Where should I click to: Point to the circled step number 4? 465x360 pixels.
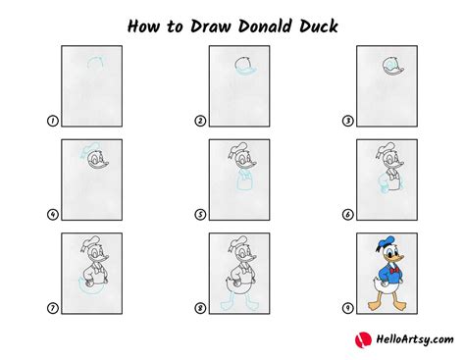point(51,214)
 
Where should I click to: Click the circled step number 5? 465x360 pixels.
point(199,214)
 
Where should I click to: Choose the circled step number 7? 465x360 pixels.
point(51,308)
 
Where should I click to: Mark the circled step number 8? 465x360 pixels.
point(199,308)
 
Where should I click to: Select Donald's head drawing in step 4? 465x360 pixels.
point(90,159)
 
